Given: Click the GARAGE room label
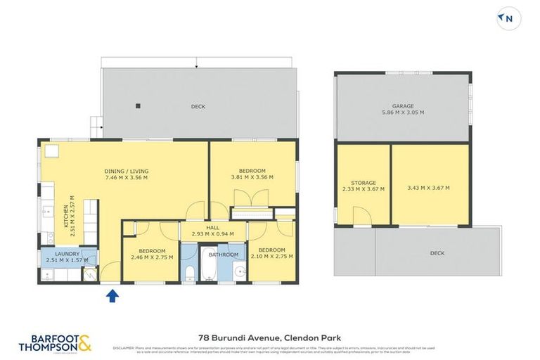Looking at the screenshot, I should [402, 105].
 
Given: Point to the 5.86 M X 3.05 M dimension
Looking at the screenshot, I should [402, 112].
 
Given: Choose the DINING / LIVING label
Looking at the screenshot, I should [127, 171].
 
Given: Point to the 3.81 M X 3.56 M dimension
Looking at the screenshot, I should [252, 177].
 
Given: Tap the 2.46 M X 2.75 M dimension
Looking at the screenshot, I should [152, 257].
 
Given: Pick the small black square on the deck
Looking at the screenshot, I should [139, 107].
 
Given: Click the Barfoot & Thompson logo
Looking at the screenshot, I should [56, 343].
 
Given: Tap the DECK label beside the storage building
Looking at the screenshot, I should [437, 253].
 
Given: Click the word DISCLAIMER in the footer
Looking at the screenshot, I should [124, 347].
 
